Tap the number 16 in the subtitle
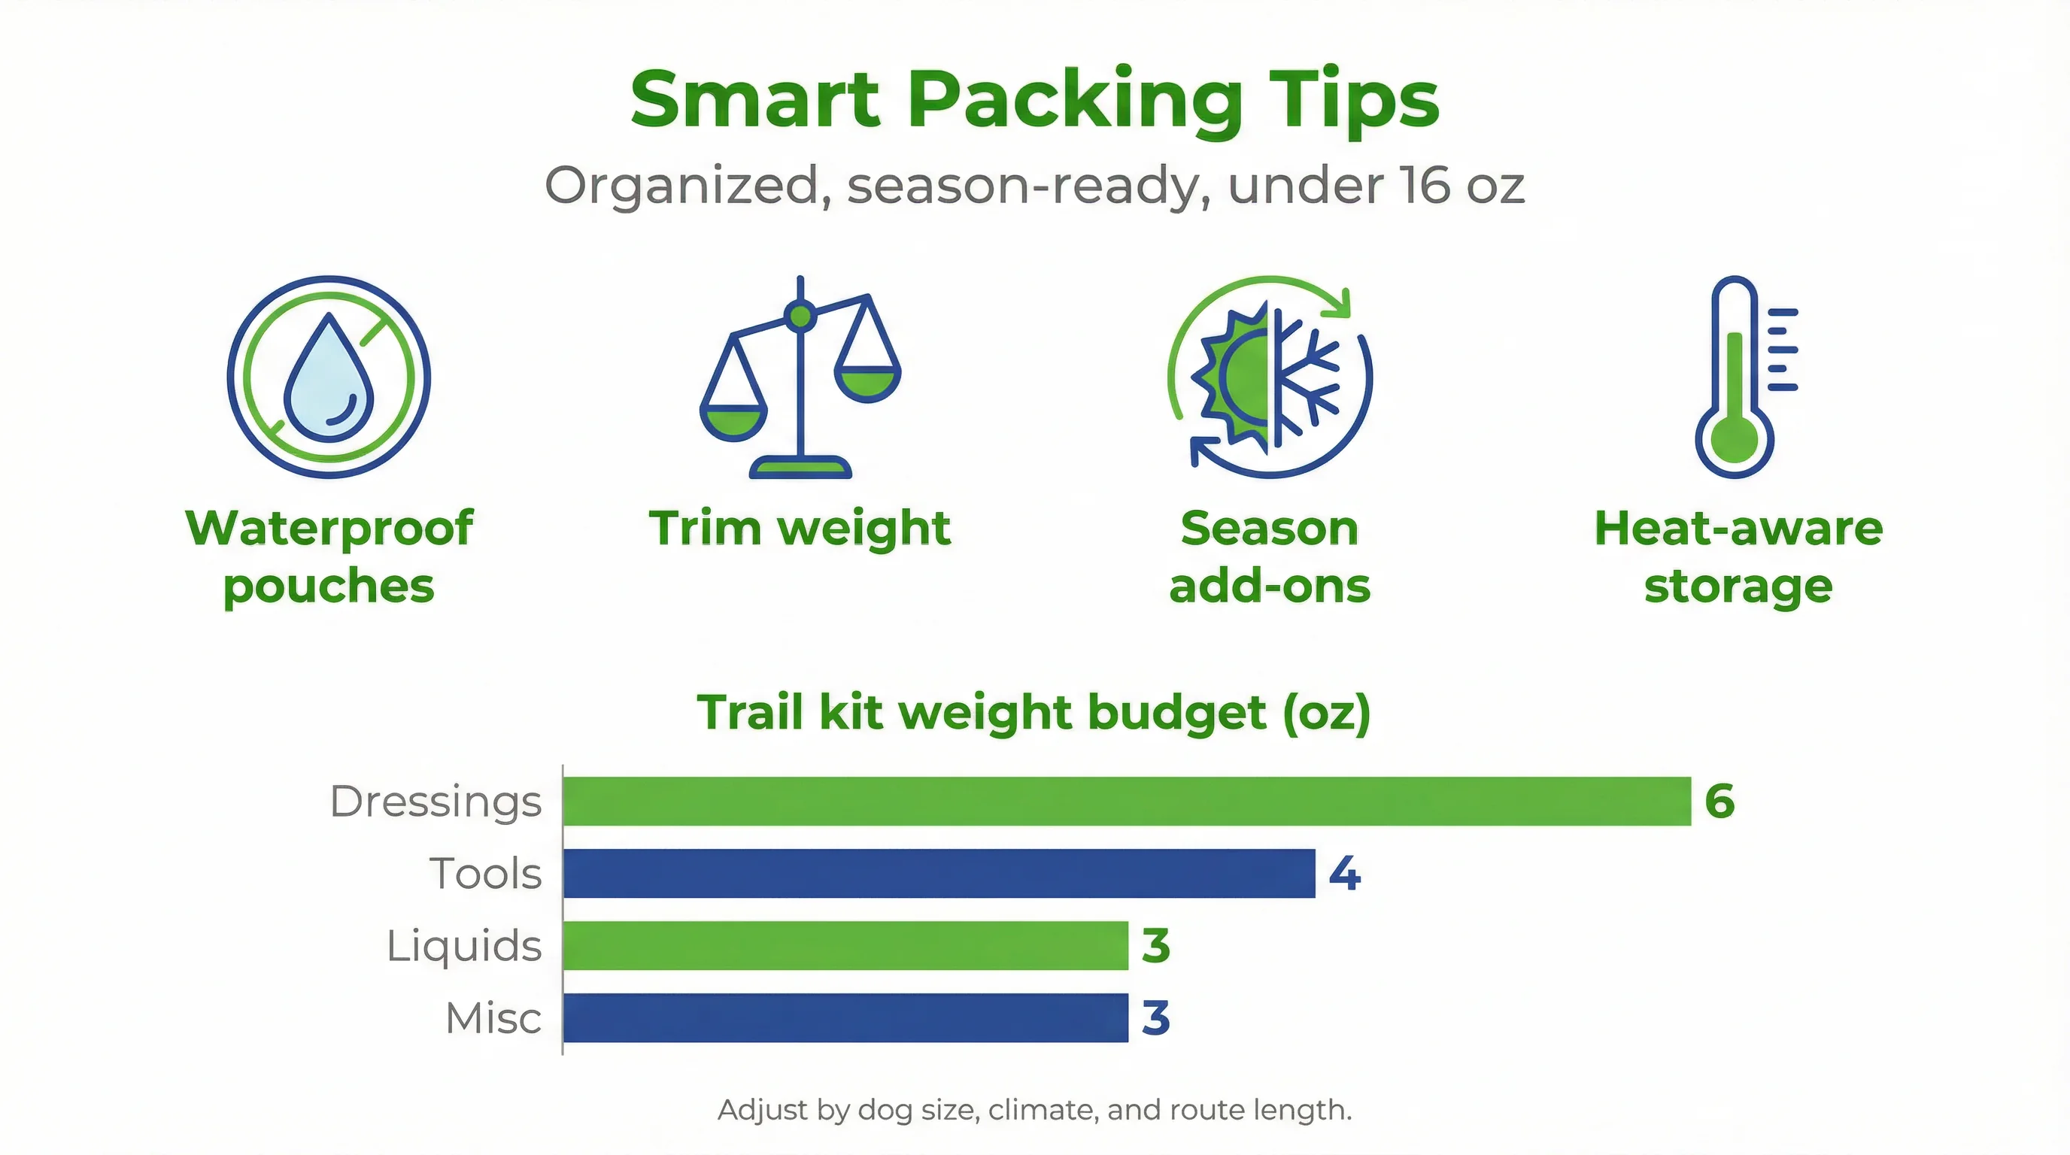pos(1426,186)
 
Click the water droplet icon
pos(329,377)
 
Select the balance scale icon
pos(800,377)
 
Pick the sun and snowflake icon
pos(1270,377)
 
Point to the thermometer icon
pos(1736,377)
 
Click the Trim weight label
pos(800,529)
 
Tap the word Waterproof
pos(329,529)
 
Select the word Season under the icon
pos(1270,529)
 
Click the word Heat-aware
pos(1738,529)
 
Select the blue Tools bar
pos(939,873)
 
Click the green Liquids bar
pos(845,945)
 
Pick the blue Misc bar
pos(845,1017)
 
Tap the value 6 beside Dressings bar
pos(1719,802)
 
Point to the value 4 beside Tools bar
pos(1344,874)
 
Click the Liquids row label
pos(463,946)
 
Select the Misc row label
pos(493,1018)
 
